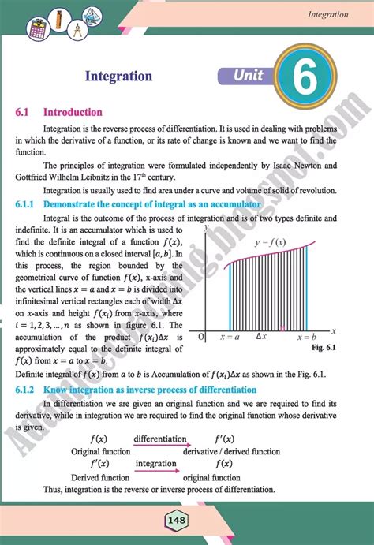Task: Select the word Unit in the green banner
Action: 250,76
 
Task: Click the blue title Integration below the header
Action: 118,77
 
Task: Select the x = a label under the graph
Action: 230,315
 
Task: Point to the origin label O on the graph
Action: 202,315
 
